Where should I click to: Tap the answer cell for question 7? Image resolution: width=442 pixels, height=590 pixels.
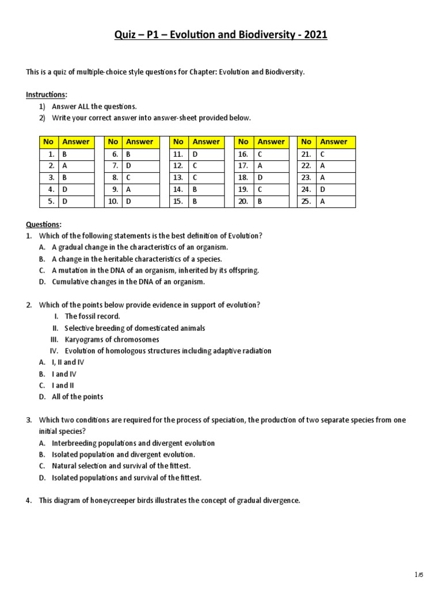coord(139,166)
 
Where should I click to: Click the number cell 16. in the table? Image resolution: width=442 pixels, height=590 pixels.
coord(243,154)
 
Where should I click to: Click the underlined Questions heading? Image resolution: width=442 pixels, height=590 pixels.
coord(43,224)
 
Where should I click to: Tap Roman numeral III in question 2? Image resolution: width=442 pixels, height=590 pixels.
coord(55,339)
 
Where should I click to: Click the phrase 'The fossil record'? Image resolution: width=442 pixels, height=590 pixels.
coord(92,316)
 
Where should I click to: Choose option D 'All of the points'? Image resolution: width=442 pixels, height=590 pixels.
coord(77,397)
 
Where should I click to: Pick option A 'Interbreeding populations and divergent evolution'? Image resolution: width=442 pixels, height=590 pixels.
coord(133,443)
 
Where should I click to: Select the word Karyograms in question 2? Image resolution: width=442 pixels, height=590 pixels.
coord(83,339)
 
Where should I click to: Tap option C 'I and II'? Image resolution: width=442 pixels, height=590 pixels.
coord(63,385)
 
